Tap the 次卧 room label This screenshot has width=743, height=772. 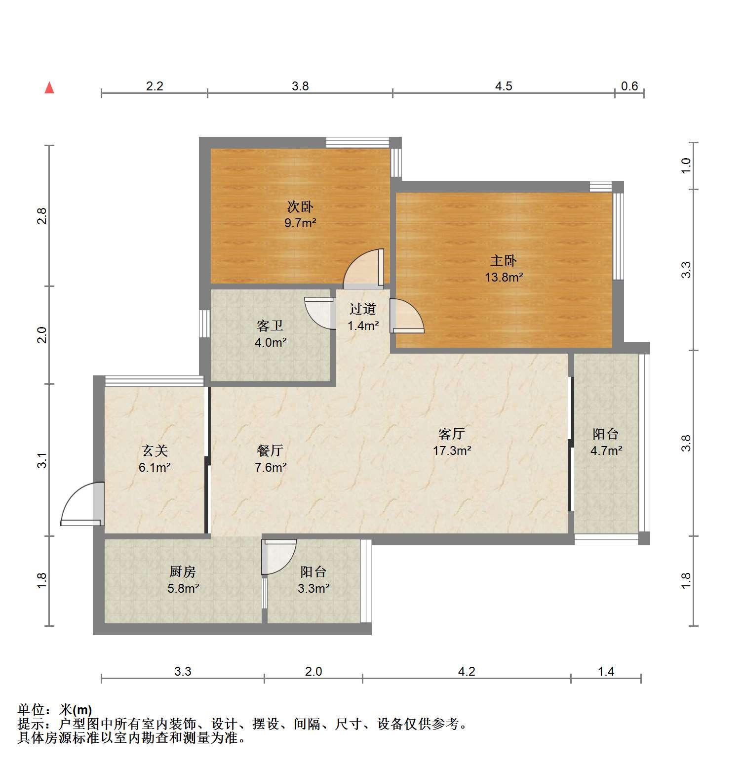coord(300,206)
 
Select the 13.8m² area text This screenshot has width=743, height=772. coord(504,277)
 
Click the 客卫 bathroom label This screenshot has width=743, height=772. coord(270,325)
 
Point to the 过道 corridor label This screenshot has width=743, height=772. coord(363,309)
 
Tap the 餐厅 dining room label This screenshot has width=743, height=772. coord(270,450)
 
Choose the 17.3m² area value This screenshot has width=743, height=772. coord(452,450)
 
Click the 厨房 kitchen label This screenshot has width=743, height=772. coord(183,571)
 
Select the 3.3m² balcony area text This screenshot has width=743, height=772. coord(313,588)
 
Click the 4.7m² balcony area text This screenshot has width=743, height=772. coord(606,450)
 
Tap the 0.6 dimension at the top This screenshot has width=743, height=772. coord(629,86)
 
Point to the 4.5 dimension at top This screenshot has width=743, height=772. coord(504,86)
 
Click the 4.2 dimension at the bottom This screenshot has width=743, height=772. coord(467,671)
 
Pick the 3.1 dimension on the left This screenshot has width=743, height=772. coord(42,460)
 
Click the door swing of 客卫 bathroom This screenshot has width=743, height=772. coord(320,313)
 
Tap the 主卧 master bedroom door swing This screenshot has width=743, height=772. coord(407,316)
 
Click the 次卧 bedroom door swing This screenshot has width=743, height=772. coord(363,268)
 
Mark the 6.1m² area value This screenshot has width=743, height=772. coord(155,467)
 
